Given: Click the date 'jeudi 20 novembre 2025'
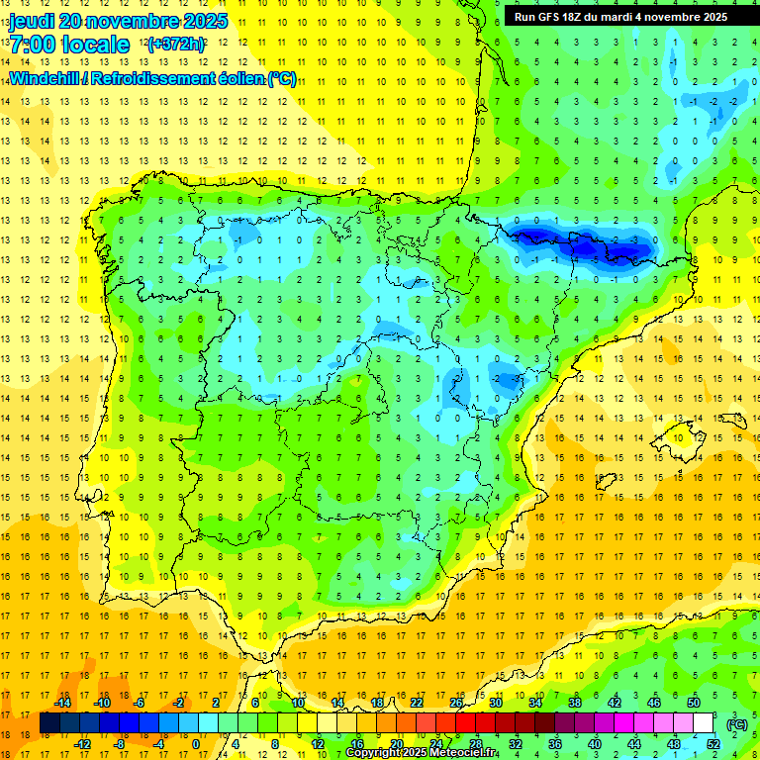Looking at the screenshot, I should tap(118, 21).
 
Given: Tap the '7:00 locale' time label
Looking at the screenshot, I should tap(69, 45).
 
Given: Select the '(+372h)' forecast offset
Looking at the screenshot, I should tap(175, 45).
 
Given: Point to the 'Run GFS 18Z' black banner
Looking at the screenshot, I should tap(619, 17).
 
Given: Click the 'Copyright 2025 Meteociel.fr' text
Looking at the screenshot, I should tap(422, 753).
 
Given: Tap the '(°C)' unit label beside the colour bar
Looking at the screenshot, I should tap(737, 724).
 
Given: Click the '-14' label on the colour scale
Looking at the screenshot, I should tap(62, 703).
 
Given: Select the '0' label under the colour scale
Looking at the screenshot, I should tap(195, 744).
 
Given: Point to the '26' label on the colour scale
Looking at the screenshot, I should tap(456, 703).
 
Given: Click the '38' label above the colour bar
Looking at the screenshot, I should tap(574, 703).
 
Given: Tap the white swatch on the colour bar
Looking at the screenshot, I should tap(703, 723).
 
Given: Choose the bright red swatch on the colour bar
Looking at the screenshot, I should tap(465, 723).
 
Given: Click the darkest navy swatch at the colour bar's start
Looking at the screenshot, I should tap(49, 723).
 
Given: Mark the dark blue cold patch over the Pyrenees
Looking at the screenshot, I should tap(579, 243).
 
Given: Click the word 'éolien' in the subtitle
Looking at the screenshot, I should tap(236, 78).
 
